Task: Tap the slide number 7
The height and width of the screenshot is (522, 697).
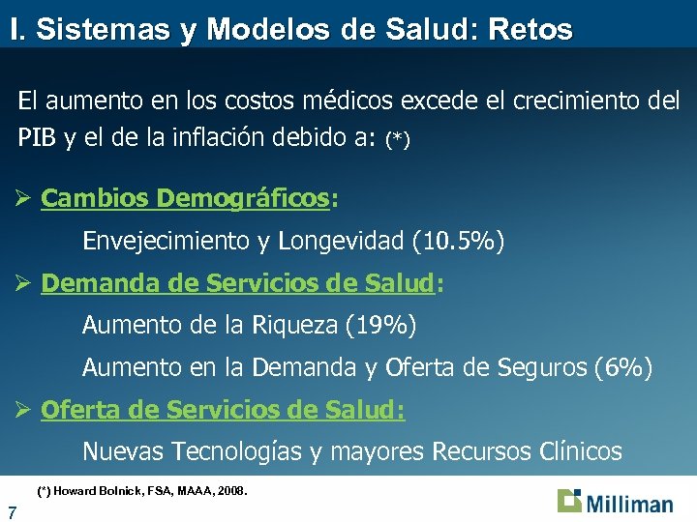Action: click(11, 510)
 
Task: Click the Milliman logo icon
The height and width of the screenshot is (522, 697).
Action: click(570, 502)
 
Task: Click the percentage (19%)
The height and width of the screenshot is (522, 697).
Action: click(380, 326)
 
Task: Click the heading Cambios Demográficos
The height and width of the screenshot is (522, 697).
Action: click(185, 198)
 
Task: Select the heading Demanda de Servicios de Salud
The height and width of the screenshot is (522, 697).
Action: click(237, 283)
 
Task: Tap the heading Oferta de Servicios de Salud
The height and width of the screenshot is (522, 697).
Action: click(223, 410)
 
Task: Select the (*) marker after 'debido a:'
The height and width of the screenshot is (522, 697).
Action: click(397, 140)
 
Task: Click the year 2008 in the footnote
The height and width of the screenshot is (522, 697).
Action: click(231, 491)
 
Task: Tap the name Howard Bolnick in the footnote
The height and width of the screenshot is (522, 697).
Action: click(96, 491)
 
